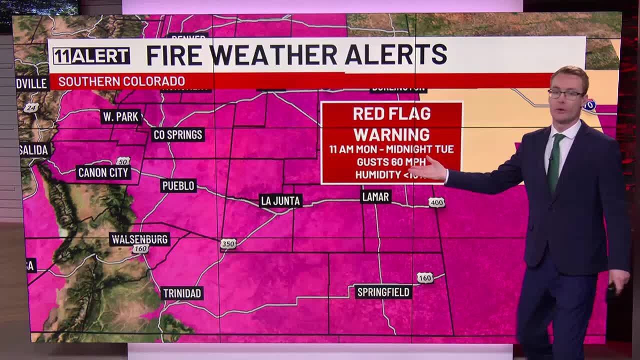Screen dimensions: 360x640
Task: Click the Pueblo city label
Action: click(178, 186)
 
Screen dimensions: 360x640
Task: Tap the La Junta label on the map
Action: click(281, 201)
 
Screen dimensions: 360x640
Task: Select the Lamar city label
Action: click(375, 197)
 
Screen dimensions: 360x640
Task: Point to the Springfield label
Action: click(383, 292)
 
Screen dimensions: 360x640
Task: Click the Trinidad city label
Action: click(182, 293)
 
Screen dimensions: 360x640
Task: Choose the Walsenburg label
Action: click(139, 239)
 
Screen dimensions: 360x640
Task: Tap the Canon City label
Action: click(104, 173)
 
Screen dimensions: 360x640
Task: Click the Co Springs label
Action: click(178, 135)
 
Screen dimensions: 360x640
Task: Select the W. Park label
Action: click(121, 117)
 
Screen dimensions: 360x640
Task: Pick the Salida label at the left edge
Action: click(34, 150)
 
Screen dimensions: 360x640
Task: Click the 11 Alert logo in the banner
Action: click(91, 56)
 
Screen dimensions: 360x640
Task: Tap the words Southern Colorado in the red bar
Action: click(121, 81)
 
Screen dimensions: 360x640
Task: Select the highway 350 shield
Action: click(228, 244)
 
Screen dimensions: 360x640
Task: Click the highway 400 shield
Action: click(436, 202)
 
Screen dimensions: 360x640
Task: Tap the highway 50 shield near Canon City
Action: click(123, 161)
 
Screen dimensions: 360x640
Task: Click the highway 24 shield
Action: click(31, 107)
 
